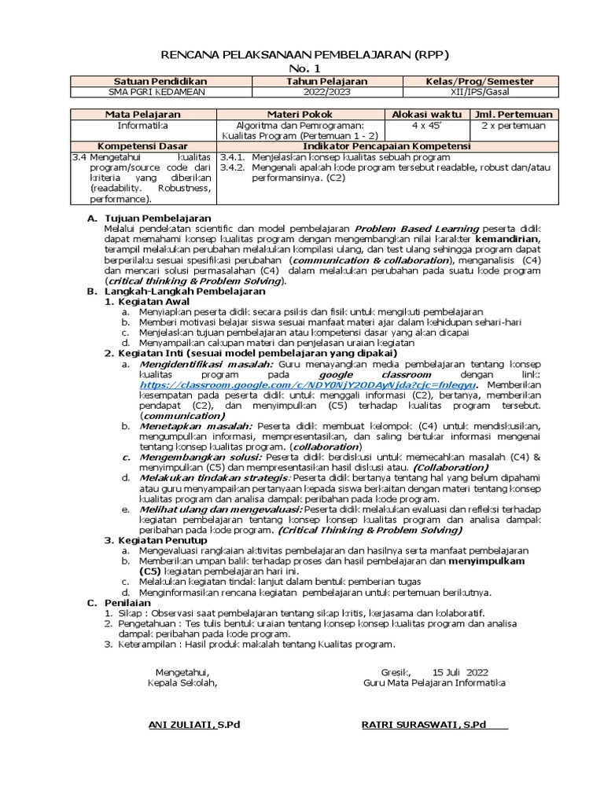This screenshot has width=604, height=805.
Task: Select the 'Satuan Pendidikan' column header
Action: (x=149, y=82)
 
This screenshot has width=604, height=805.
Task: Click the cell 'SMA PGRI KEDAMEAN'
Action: (x=149, y=92)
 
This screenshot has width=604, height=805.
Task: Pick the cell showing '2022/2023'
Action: (x=315, y=92)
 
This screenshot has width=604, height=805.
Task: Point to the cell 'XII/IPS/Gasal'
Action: (x=480, y=92)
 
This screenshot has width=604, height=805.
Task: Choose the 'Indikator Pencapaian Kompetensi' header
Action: (x=389, y=146)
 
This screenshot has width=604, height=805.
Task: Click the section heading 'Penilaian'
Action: (x=129, y=601)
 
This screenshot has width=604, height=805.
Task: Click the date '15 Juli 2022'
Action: (x=460, y=671)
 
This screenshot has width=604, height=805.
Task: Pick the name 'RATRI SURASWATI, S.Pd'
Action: (x=423, y=724)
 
